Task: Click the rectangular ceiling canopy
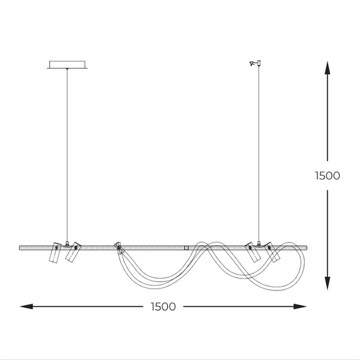coord(67,65)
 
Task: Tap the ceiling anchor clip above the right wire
coord(255,63)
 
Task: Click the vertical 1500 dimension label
coord(328,176)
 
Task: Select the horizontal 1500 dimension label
coord(163,307)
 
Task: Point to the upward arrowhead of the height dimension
coord(328,68)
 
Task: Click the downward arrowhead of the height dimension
coord(328,283)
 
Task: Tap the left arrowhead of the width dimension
coord(26,307)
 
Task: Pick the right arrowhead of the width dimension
coord(300,307)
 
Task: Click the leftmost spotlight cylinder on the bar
coord(55,253)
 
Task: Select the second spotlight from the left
coord(73,251)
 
